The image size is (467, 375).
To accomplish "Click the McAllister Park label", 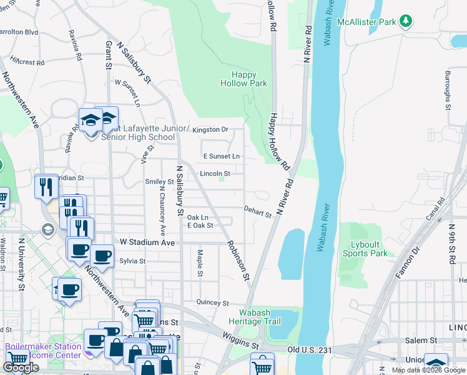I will click(x=367, y=22).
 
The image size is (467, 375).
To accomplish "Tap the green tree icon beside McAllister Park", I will click(x=406, y=22).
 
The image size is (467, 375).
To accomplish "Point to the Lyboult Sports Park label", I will click(x=365, y=249).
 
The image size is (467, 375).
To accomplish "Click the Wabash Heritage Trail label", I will click(x=261, y=317).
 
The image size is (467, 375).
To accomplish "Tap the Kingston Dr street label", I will click(x=210, y=130).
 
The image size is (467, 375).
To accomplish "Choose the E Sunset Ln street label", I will click(x=221, y=156).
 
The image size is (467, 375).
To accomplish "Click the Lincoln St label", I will click(x=215, y=173).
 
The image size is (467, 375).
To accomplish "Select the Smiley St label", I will click(x=159, y=182).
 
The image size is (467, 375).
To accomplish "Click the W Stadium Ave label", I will click(x=147, y=242).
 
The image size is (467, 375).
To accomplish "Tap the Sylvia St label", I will click(x=132, y=261).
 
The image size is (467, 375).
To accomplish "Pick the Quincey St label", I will click(x=212, y=303).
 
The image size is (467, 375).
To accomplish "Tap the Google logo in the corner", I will click(x=21, y=367).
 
